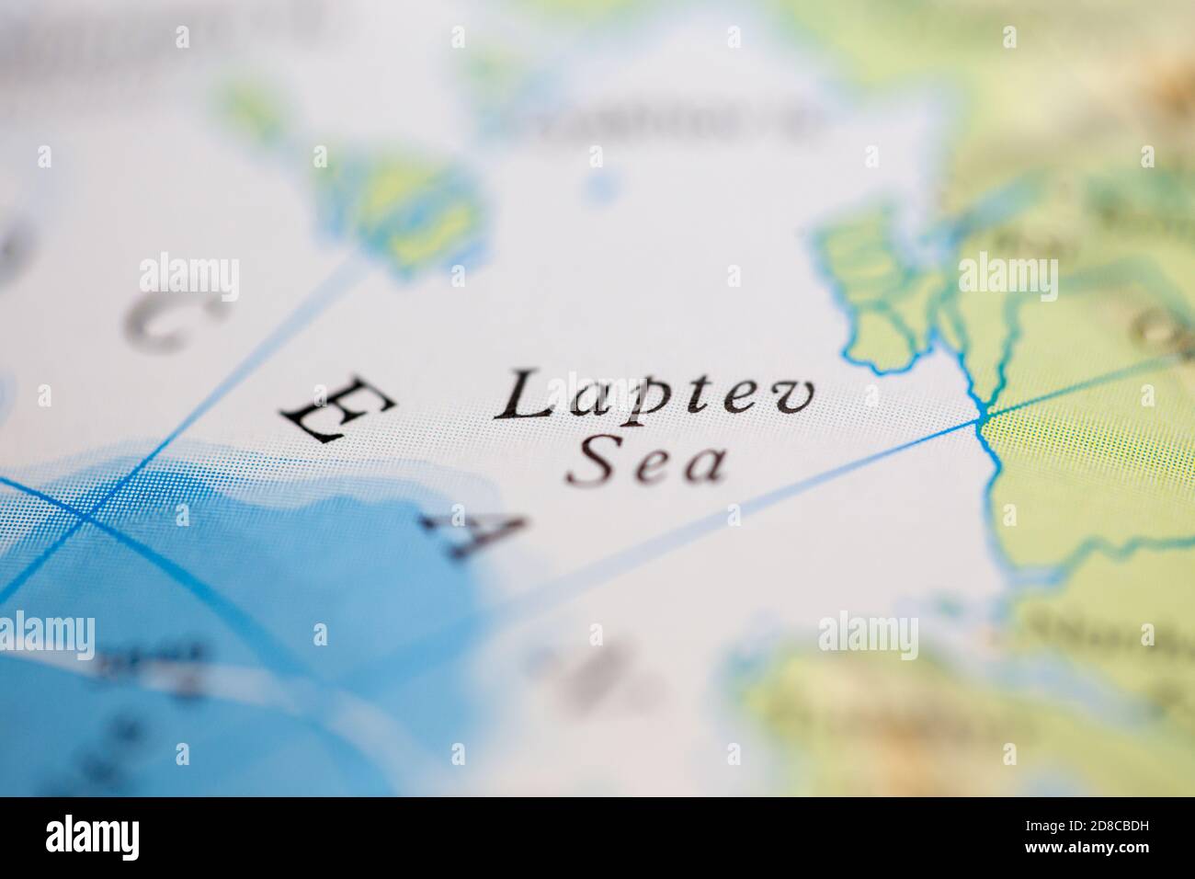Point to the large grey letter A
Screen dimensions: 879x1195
(x=472, y=534)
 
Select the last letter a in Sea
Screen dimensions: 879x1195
(x=704, y=467)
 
